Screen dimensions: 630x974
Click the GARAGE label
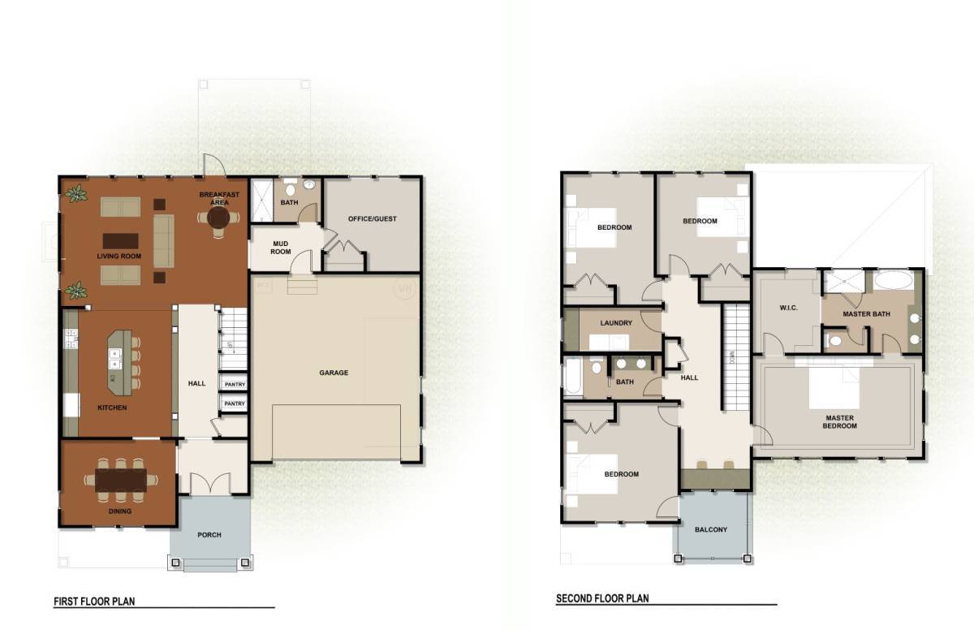click(x=334, y=373)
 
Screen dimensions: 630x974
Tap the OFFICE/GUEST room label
click(x=372, y=218)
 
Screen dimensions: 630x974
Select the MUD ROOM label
click(x=281, y=247)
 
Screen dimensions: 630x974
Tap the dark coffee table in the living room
click(x=119, y=241)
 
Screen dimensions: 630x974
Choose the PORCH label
click(x=209, y=535)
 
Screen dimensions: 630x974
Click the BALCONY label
click(x=711, y=530)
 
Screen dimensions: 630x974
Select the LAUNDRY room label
click(x=616, y=323)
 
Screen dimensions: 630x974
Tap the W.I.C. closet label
click(x=786, y=308)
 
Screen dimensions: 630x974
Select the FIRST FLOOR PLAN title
click(x=94, y=602)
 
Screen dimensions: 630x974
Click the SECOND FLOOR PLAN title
click(x=602, y=599)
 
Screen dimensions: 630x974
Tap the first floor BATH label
click(x=289, y=202)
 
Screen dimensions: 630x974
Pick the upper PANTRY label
click(x=235, y=385)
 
